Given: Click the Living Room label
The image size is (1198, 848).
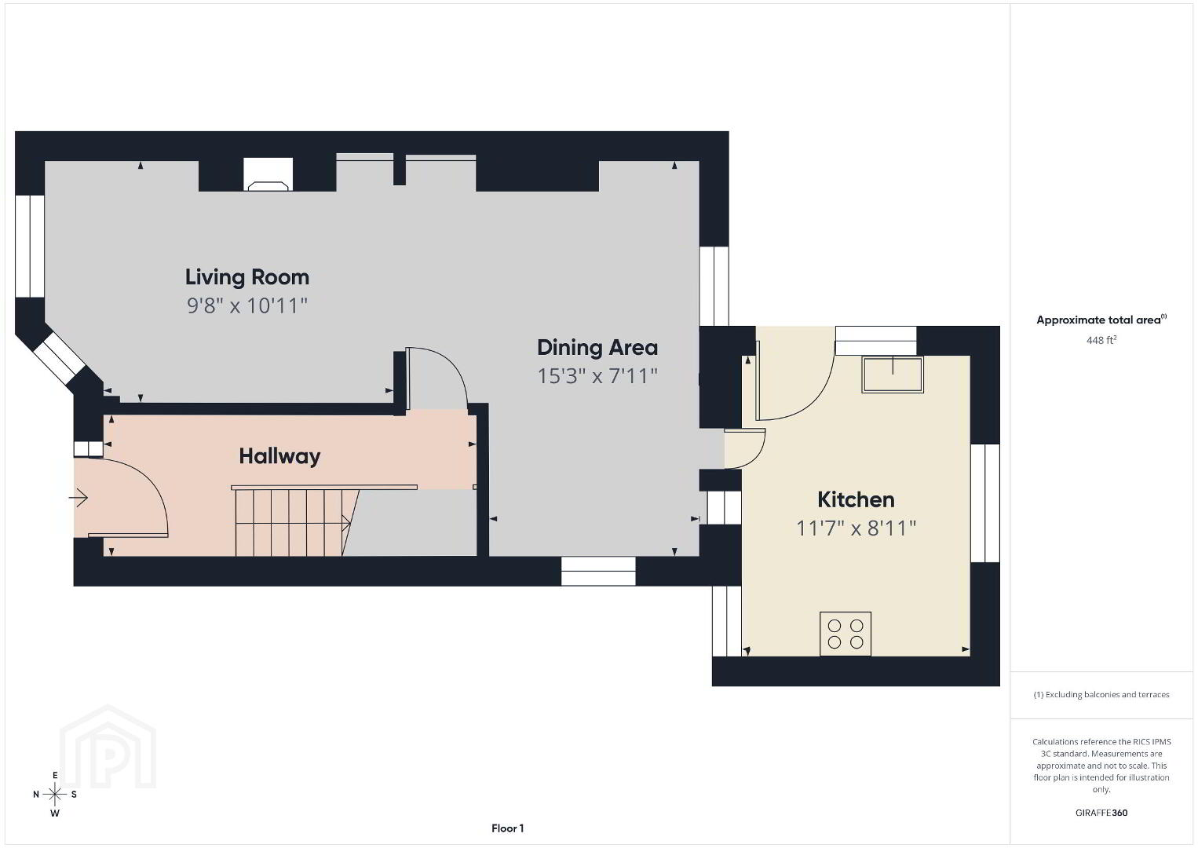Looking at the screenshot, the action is pyautogui.click(x=247, y=277).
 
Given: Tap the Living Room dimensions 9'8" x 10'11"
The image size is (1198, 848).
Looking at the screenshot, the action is pyautogui.click(x=247, y=306).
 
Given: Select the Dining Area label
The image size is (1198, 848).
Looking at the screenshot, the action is pyautogui.click(x=597, y=348).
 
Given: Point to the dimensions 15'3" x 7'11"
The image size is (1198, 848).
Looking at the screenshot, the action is pyautogui.click(x=597, y=376).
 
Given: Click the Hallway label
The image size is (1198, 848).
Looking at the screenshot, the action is pyautogui.click(x=279, y=456).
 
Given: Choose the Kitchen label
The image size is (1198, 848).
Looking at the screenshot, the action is pyautogui.click(x=856, y=499).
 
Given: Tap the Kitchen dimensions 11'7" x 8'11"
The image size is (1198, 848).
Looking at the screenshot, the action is pyautogui.click(x=856, y=528).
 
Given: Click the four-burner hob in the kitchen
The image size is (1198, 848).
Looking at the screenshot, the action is pyautogui.click(x=845, y=634).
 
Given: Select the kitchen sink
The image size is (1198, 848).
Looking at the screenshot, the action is pyautogui.click(x=892, y=375).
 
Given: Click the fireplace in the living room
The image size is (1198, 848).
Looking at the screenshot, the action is pyautogui.click(x=268, y=174).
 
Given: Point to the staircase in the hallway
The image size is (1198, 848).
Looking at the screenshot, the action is pyautogui.click(x=295, y=521).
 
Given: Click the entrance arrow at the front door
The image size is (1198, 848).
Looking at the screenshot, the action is pyautogui.click(x=78, y=498).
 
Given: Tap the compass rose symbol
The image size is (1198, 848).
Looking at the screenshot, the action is pyautogui.click(x=54, y=794).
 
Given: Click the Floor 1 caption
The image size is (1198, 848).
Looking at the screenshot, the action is pyautogui.click(x=508, y=828).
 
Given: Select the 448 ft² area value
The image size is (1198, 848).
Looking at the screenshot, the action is pyautogui.click(x=1101, y=340).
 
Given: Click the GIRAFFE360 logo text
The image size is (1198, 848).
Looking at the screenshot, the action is pyautogui.click(x=1101, y=813).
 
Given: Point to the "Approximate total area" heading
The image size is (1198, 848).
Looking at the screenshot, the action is pyautogui.click(x=1101, y=320).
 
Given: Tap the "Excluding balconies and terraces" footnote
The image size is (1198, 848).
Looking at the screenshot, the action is pyautogui.click(x=1101, y=694).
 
